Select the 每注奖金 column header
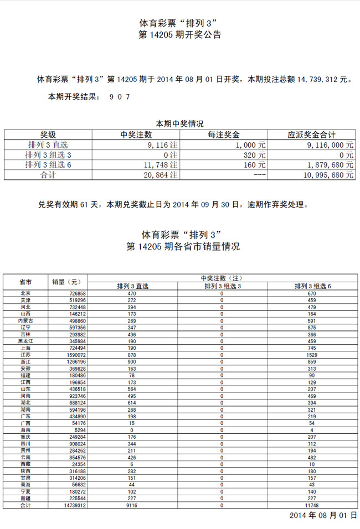tap(224, 134)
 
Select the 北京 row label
tap(25, 293)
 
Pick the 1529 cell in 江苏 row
tap(313, 354)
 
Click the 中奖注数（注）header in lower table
tap(222, 278)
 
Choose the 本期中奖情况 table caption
tap(179, 124)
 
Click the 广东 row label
tap(25, 416)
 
